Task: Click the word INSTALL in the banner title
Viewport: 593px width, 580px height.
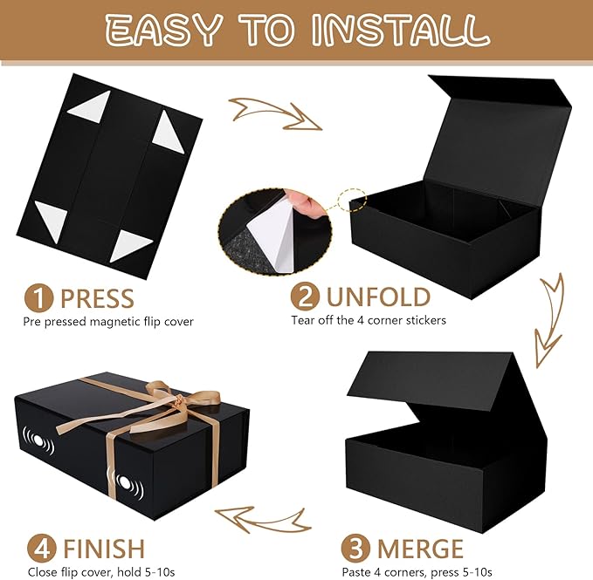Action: tap(401, 31)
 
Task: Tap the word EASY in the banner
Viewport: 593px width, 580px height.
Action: tap(162, 31)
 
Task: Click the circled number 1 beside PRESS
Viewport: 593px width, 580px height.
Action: tap(39, 298)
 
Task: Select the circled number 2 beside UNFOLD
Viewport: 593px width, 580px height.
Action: tap(305, 297)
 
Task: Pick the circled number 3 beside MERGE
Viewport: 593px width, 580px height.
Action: tap(355, 549)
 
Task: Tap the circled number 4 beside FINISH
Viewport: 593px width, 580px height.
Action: tap(41, 549)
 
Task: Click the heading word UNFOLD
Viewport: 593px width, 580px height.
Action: tap(378, 297)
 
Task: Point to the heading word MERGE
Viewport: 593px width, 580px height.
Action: tap(420, 549)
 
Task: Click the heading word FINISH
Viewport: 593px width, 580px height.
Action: tap(104, 549)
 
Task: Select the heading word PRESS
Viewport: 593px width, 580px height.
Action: tap(97, 298)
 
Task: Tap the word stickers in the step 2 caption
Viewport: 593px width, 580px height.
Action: tap(426, 321)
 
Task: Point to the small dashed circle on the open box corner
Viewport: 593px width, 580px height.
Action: tap(353, 200)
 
